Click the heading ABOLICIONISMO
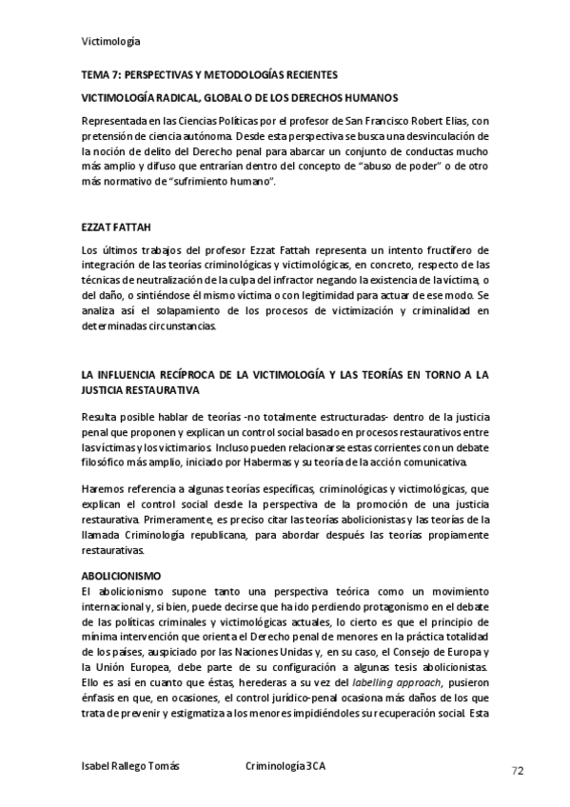(x=122, y=577)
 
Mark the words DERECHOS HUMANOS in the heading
(x=331, y=98)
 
